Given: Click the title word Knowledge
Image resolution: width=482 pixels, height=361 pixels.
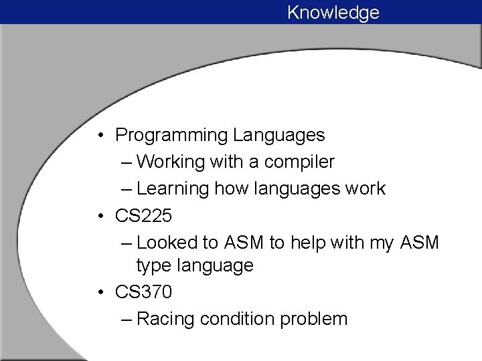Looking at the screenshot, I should tap(333, 13).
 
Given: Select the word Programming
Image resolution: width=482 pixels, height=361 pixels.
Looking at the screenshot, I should tap(171, 136).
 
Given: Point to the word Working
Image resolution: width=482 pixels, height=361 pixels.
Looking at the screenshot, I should tap(170, 162).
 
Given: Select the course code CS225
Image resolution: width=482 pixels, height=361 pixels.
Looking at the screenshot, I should tap(143, 216).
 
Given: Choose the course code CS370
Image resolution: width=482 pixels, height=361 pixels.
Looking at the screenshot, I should tap(143, 292).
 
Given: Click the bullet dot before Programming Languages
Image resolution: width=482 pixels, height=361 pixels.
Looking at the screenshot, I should tap(98, 136).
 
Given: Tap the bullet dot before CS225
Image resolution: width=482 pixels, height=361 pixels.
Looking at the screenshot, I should tap(98, 217).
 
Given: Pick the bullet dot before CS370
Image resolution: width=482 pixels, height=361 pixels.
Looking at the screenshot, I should tap(98, 293).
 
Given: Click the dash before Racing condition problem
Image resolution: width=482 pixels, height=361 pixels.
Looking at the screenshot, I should tap(127, 320).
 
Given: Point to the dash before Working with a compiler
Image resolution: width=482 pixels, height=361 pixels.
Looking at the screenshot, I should tap(127, 162).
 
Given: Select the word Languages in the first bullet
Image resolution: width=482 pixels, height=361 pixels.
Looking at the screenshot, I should tap(278, 136).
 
